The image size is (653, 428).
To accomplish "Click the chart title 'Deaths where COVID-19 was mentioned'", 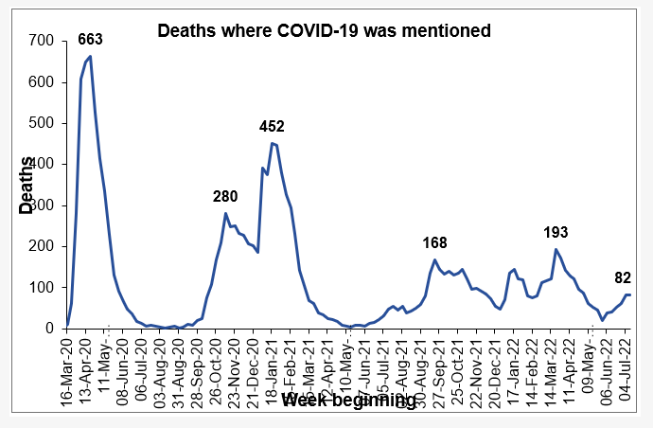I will pos(324,31).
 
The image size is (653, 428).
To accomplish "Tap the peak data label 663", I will pos(90,39).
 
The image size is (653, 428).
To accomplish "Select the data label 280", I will pos(225,197).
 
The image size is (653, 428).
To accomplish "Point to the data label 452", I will pos(273,126).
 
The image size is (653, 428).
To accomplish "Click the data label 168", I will pos(434,243).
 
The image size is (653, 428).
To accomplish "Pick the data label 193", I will pos(556,232).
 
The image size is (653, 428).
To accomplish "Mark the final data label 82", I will pos(624,277).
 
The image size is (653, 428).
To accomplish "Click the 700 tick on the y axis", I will pos(42,42).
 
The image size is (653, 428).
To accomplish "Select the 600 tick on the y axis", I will pos(42,82).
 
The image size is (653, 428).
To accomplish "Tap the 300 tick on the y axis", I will pos(42,205).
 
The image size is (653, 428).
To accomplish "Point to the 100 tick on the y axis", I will pos(42,288).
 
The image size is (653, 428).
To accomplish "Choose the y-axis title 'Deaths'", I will pos(26,185).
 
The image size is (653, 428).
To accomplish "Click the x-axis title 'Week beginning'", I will pos(348,401).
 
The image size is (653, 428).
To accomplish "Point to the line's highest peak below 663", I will pos(90,57).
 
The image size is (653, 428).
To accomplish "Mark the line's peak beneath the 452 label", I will pos(272,143).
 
